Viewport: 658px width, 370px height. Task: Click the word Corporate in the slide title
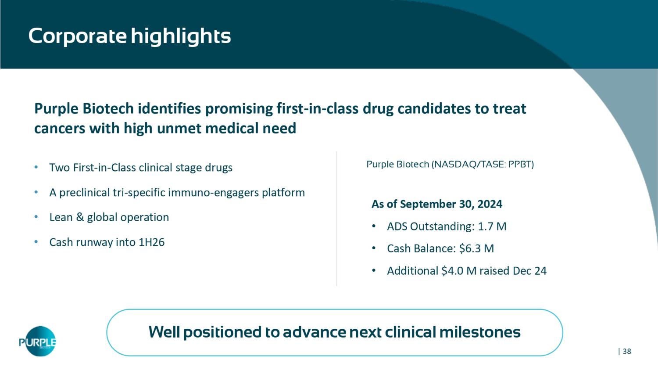tap(78, 36)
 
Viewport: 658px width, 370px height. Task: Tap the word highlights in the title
tap(181, 36)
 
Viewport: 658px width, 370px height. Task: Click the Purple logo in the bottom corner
tap(38, 341)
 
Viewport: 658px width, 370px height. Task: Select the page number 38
tap(627, 351)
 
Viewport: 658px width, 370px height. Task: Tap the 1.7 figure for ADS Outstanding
tap(485, 226)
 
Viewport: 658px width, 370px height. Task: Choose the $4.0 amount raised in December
tap(452, 271)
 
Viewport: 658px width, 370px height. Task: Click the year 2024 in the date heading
tap(490, 204)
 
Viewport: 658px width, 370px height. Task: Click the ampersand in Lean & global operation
tap(79, 217)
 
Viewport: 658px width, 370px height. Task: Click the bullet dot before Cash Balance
tap(374, 248)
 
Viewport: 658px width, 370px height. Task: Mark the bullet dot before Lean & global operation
tap(36, 217)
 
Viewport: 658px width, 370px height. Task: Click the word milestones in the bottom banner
tap(480, 332)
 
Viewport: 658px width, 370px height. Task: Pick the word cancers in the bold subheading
tap(60, 129)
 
